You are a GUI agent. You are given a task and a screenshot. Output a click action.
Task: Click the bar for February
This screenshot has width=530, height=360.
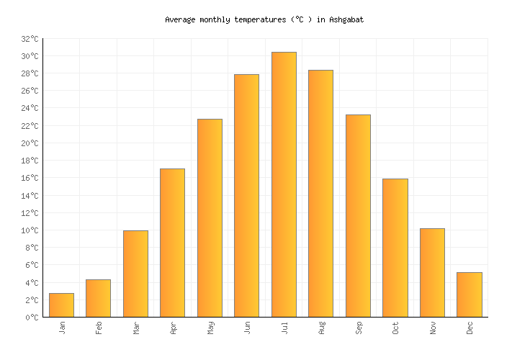tap(98, 298)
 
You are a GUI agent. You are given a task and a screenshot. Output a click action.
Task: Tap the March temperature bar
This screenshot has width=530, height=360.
tap(135, 274)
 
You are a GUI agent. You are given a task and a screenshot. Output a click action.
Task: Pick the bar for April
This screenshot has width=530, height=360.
tap(172, 243)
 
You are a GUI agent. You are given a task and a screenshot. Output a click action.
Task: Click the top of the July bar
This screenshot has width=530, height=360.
tap(284, 53)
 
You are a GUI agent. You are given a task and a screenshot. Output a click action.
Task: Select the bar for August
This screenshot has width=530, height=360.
tap(320, 193)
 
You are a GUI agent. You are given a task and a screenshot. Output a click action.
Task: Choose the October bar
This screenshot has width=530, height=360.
tap(395, 248)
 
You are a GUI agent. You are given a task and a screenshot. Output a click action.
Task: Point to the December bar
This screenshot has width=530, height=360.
tap(469, 294)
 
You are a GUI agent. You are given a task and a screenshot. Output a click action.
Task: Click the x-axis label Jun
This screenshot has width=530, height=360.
tap(247, 328)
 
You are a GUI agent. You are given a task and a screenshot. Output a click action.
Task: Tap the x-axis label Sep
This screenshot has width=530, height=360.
tap(358, 328)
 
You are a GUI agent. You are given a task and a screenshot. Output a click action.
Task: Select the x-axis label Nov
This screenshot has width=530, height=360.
tap(432, 328)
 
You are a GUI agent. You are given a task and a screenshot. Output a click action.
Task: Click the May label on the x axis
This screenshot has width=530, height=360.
tap(210, 328)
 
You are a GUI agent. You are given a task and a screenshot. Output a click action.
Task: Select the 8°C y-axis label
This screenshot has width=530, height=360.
tap(32, 248)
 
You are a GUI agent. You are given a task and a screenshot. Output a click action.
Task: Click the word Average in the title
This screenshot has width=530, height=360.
tap(180, 20)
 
